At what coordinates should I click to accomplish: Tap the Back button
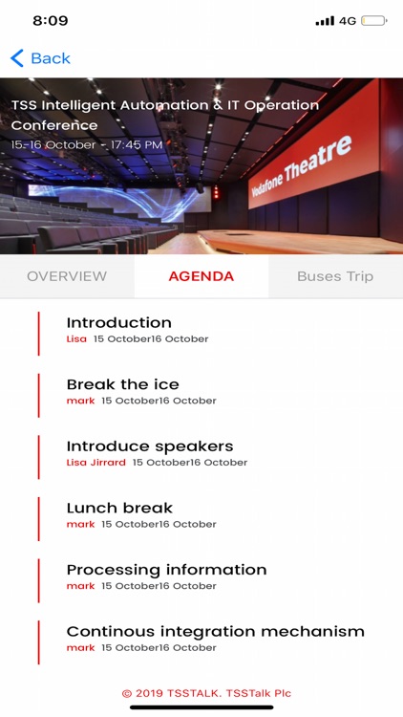pyautogui.click(x=40, y=58)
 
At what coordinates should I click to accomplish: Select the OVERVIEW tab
pyautogui.click(x=67, y=276)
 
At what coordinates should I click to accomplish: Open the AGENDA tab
pyautogui.click(x=201, y=276)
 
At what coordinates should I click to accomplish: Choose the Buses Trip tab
pyautogui.click(x=335, y=276)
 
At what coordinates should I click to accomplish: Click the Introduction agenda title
pyautogui.click(x=119, y=323)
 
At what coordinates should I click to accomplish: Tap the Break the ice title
pyautogui.click(x=122, y=384)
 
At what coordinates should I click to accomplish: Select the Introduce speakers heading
pyautogui.click(x=150, y=446)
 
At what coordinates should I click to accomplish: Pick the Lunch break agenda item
pyautogui.click(x=119, y=508)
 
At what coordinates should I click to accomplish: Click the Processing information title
pyautogui.click(x=166, y=570)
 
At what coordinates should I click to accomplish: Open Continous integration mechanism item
pyautogui.click(x=216, y=631)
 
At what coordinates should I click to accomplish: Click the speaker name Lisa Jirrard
pyautogui.click(x=96, y=463)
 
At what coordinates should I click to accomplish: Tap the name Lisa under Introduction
pyautogui.click(x=76, y=339)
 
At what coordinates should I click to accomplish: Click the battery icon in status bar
pyautogui.click(x=374, y=20)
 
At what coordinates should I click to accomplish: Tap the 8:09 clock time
pyautogui.click(x=51, y=20)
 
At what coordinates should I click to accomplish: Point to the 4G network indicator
pyautogui.click(x=348, y=20)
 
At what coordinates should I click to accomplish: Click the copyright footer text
pyautogui.click(x=206, y=693)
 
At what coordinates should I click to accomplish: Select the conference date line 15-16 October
pyautogui.click(x=87, y=145)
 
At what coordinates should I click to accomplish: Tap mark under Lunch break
pyautogui.click(x=81, y=524)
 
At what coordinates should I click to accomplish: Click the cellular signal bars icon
pyautogui.click(x=325, y=20)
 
